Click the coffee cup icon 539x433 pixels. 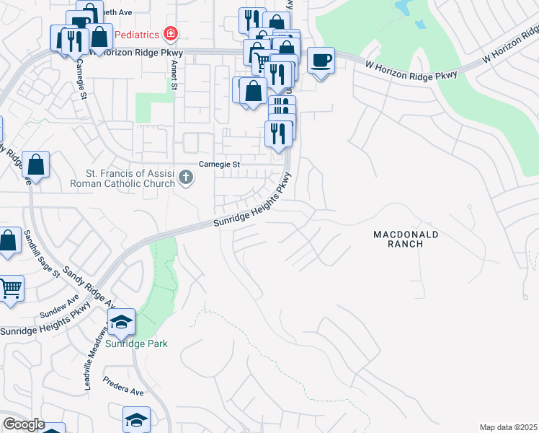click(x=321, y=60)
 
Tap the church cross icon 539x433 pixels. click(x=186, y=177)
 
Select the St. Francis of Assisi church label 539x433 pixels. click(x=130, y=178)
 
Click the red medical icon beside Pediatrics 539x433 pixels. click(x=170, y=33)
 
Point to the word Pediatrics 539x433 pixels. click(x=137, y=33)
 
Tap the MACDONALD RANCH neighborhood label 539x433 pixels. click(x=406, y=240)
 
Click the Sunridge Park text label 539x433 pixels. click(x=137, y=344)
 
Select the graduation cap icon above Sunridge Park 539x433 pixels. click(x=122, y=321)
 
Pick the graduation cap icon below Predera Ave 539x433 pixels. click(x=135, y=420)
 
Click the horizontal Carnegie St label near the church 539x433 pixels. click(x=219, y=165)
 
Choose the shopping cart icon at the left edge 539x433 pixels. click(x=9, y=288)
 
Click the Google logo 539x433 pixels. click(x=24, y=425)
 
